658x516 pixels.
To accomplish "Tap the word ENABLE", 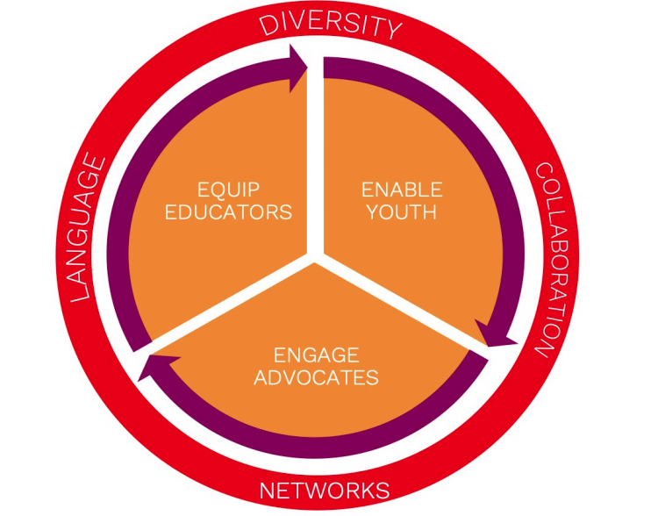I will tap(402, 189).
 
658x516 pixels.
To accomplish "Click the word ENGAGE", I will tap(316, 355).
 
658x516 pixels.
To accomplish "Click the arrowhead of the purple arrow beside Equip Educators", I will tap(296, 62).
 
